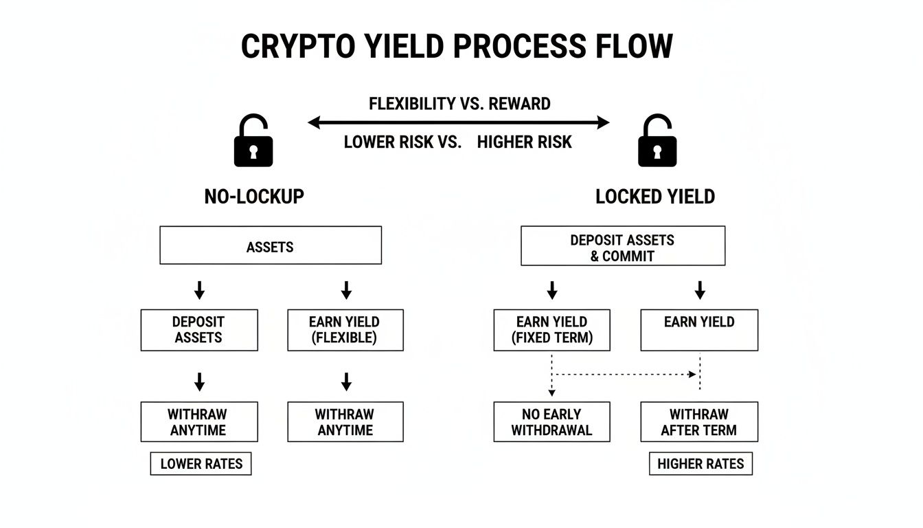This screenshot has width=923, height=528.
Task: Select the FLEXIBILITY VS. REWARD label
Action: pyautogui.click(x=459, y=104)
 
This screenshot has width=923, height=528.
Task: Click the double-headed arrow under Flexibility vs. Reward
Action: pyautogui.click(x=458, y=123)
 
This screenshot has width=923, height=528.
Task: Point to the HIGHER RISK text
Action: pyautogui.click(x=524, y=142)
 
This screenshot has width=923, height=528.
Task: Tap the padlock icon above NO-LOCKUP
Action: pyautogui.click(x=253, y=141)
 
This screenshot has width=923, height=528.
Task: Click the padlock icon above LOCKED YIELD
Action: pyautogui.click(x=657, y=141)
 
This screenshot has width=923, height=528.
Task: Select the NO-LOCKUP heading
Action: pyautogui.click(x=254, y=197)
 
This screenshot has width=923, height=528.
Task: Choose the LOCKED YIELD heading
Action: pyautogui.click(x=655, y=197)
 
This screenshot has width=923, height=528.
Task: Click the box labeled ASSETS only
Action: pyautogui.click(x=270, y=245)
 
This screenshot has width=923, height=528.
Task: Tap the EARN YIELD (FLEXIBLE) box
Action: pyautogui.click(x=345, y=330)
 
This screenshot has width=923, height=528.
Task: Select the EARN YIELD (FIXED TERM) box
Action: pyautogui.click(x=551, y=330)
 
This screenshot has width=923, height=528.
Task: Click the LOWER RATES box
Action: pyautogui.click(x=201, y=464)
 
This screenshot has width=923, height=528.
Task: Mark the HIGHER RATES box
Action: pyautogui.click(x=700, y=464)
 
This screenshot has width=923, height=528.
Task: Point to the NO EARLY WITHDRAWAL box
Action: pyautogui.click(x=551, y=422)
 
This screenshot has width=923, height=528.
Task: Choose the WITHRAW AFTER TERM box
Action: pyautogui.click(x=698, y=422)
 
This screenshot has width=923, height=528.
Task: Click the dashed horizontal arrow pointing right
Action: pyautogui.click(x=625, y=375)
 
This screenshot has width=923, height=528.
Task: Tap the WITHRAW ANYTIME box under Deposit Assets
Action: pyautogui.click(x=199, y=422)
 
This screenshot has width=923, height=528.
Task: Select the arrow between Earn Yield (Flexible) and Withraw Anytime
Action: pyautogui.click(x=346, y=382)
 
